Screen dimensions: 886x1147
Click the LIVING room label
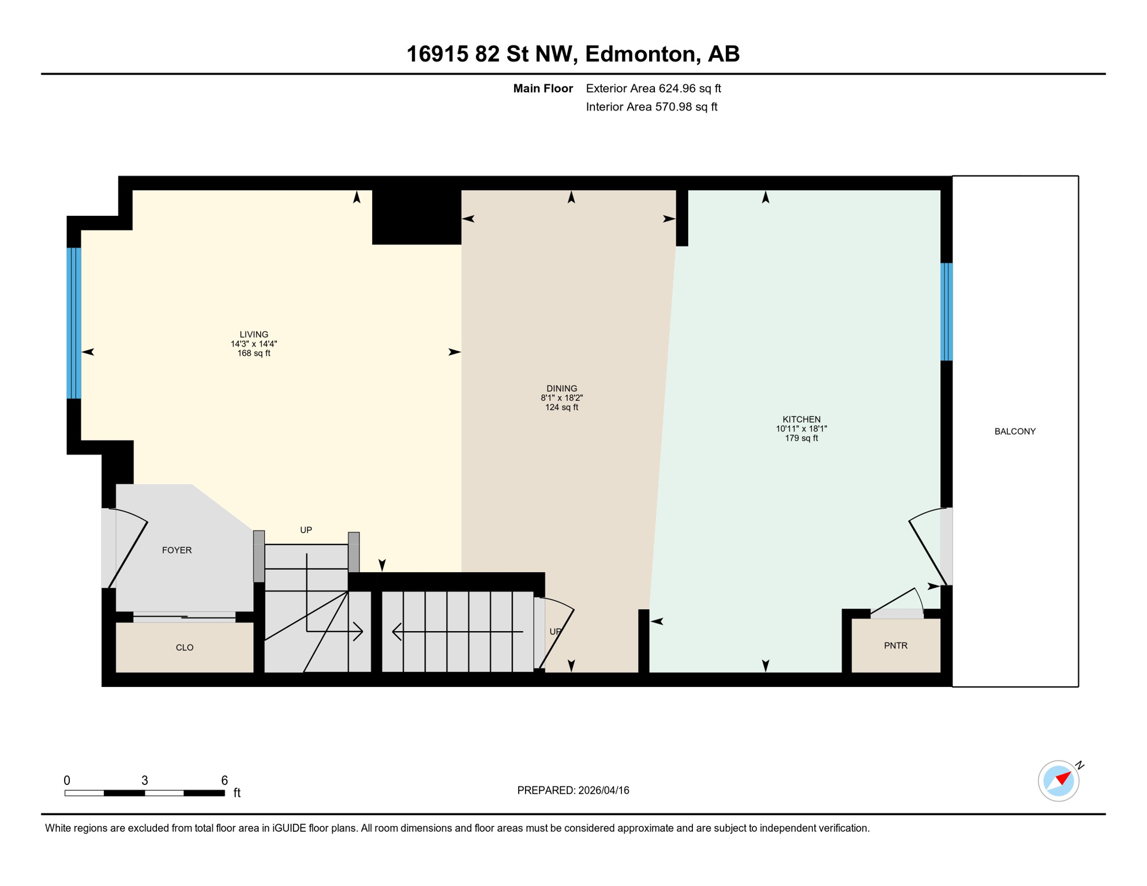click(x=254, y=335)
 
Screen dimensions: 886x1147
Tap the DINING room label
click(x=561, y=389)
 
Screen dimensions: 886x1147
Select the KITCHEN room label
click(x=801, y=419)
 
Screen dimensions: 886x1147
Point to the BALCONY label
click(x=1014, y=431)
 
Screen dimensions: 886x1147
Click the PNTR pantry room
click(x=895, y=645)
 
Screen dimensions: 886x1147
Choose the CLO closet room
click(x=185, y=647)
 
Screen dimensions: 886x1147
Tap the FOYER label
click(x=177, y=550)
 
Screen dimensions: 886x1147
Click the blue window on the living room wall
click(x=74, y=323)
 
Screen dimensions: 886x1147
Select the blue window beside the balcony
click(x=946, y=311)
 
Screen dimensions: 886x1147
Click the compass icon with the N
click(x=1058, y=781)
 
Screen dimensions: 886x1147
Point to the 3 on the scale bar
click(x=145, y=780)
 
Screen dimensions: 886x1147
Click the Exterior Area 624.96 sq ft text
click(x=653, y=88)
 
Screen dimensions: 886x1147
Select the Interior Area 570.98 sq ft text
click(x=651, y=107)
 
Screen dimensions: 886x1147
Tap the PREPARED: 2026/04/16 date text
click(x=573, y=790)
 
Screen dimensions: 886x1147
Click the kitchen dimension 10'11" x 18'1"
click(x=801, y=429)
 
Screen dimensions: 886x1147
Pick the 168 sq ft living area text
click(x=254, y=353)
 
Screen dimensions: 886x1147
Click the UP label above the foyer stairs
click(x=306, y=530)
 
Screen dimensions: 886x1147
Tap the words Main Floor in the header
click(x=543, y=88)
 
